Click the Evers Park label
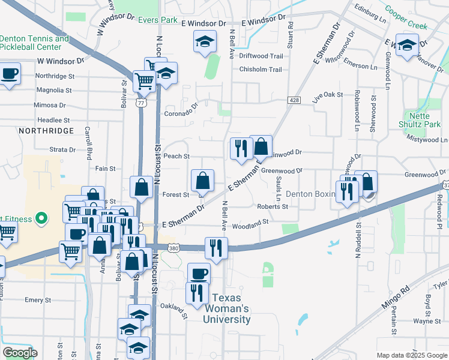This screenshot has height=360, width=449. (157, 20)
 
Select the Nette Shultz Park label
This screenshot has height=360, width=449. (423, 119)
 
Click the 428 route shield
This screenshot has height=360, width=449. (294, 100)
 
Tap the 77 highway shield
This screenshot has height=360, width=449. (140, 103)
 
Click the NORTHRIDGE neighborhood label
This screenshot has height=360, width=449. (46, 130)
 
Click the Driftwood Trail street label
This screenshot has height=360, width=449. (261, 56)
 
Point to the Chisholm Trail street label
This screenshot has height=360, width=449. (261, 70)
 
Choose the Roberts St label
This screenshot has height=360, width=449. (273, 206)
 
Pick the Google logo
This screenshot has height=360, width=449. (19, 353)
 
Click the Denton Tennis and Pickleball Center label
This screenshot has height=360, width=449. (34, 43)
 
